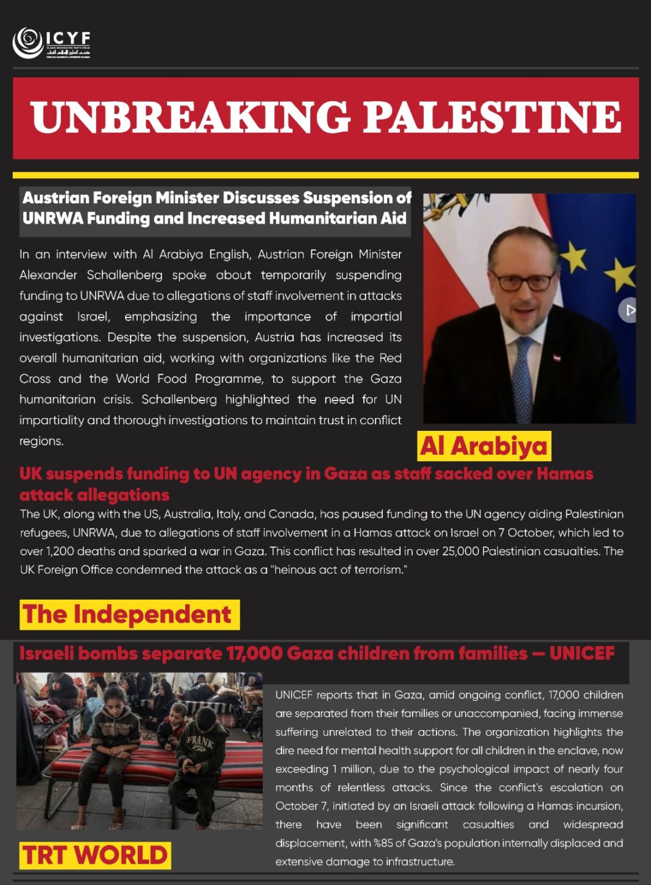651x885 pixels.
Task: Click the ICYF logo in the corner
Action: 51,43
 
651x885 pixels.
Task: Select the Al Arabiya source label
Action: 484,446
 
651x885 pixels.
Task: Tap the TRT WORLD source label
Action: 95,855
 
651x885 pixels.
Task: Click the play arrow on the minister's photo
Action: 629,310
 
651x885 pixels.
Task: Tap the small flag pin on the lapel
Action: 557,358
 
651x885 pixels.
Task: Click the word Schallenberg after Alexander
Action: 124,275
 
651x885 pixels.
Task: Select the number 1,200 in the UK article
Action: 60,551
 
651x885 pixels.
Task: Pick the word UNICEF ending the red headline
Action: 582,653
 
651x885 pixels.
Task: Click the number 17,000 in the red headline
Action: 254,653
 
